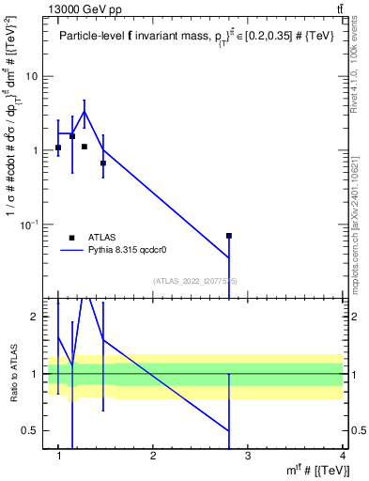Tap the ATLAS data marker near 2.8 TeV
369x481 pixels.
229,236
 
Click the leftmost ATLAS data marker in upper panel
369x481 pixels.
58,147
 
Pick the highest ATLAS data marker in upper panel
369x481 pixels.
72,136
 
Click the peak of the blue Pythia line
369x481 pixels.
85,111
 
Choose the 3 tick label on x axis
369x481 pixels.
248,456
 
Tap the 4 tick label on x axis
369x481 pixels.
342,456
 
